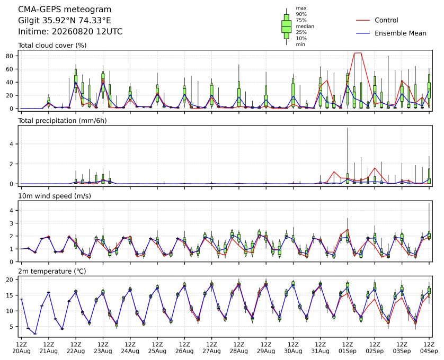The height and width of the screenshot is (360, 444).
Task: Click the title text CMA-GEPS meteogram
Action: tap(65, 10)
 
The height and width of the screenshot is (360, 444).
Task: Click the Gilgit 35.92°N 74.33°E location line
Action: tap(65, 21)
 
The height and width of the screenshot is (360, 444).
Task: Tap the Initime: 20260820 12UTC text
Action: tap(70, 31)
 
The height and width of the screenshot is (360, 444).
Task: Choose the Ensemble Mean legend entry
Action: tap(391, 33)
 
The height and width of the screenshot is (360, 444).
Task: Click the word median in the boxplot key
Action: tap(305, 26)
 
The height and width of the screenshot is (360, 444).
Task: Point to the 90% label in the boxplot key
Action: tap(301, 14)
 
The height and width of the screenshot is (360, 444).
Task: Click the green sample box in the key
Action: tap(286, 26)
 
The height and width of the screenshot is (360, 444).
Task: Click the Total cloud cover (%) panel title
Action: tap(52, 46)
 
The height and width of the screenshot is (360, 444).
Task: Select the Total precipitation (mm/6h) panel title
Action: tap(63, 121)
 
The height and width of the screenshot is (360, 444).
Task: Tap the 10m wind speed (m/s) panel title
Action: tap(55, 196)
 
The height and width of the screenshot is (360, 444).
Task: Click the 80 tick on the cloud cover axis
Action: tap(10, 56)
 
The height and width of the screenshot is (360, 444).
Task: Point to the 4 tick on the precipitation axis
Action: tap(12, 144)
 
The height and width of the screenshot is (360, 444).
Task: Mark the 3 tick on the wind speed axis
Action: tap(12, 223)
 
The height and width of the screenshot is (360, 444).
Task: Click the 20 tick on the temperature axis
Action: tap(10, 280)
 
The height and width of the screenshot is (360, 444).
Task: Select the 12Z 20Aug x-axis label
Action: tap(22, 347)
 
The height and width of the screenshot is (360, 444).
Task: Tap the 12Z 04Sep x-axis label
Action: tap(429, 347)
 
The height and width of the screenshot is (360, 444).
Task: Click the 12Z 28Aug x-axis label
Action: tap(239, 347)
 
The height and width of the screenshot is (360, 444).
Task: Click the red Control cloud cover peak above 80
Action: tap(358, 53)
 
